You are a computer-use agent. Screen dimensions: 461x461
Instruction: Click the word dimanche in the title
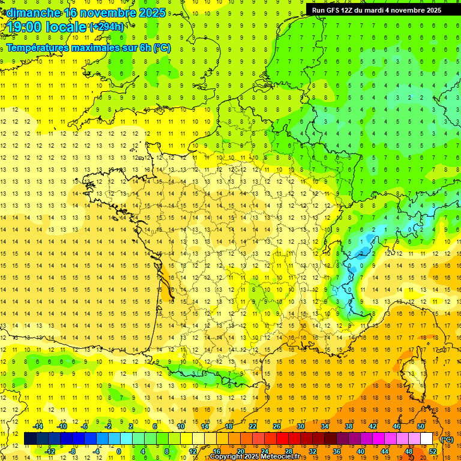tap(32, 13)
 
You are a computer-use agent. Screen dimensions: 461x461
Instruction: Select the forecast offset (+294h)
tap(107, 27)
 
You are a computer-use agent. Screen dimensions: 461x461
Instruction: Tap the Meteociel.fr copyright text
tap(255, 457)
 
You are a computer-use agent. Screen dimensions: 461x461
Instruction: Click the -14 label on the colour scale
tap(38, 426)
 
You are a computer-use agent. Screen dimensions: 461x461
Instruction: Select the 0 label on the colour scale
tap(118, 451)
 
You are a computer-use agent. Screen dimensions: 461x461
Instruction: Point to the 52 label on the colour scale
tap(433, 451)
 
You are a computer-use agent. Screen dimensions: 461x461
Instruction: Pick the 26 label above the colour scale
tap(277, 426)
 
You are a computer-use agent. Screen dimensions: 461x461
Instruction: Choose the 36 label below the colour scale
tap(337, 451)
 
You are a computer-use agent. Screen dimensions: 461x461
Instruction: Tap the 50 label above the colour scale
tap(420, 426)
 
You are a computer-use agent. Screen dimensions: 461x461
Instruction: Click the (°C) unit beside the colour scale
tap(447, 439)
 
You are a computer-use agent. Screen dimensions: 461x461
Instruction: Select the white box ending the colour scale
tap(427, 439)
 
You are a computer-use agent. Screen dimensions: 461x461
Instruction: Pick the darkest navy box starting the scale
tap(30, 439)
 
